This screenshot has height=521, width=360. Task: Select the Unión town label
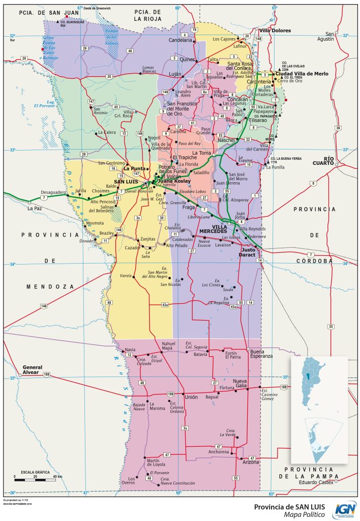(x=191, y=397)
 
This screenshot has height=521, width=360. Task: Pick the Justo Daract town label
(x=248, y=252)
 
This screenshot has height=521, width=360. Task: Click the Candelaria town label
(x=180, y=40)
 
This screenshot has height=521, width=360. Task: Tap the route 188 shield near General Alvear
(x=47, y=375)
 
